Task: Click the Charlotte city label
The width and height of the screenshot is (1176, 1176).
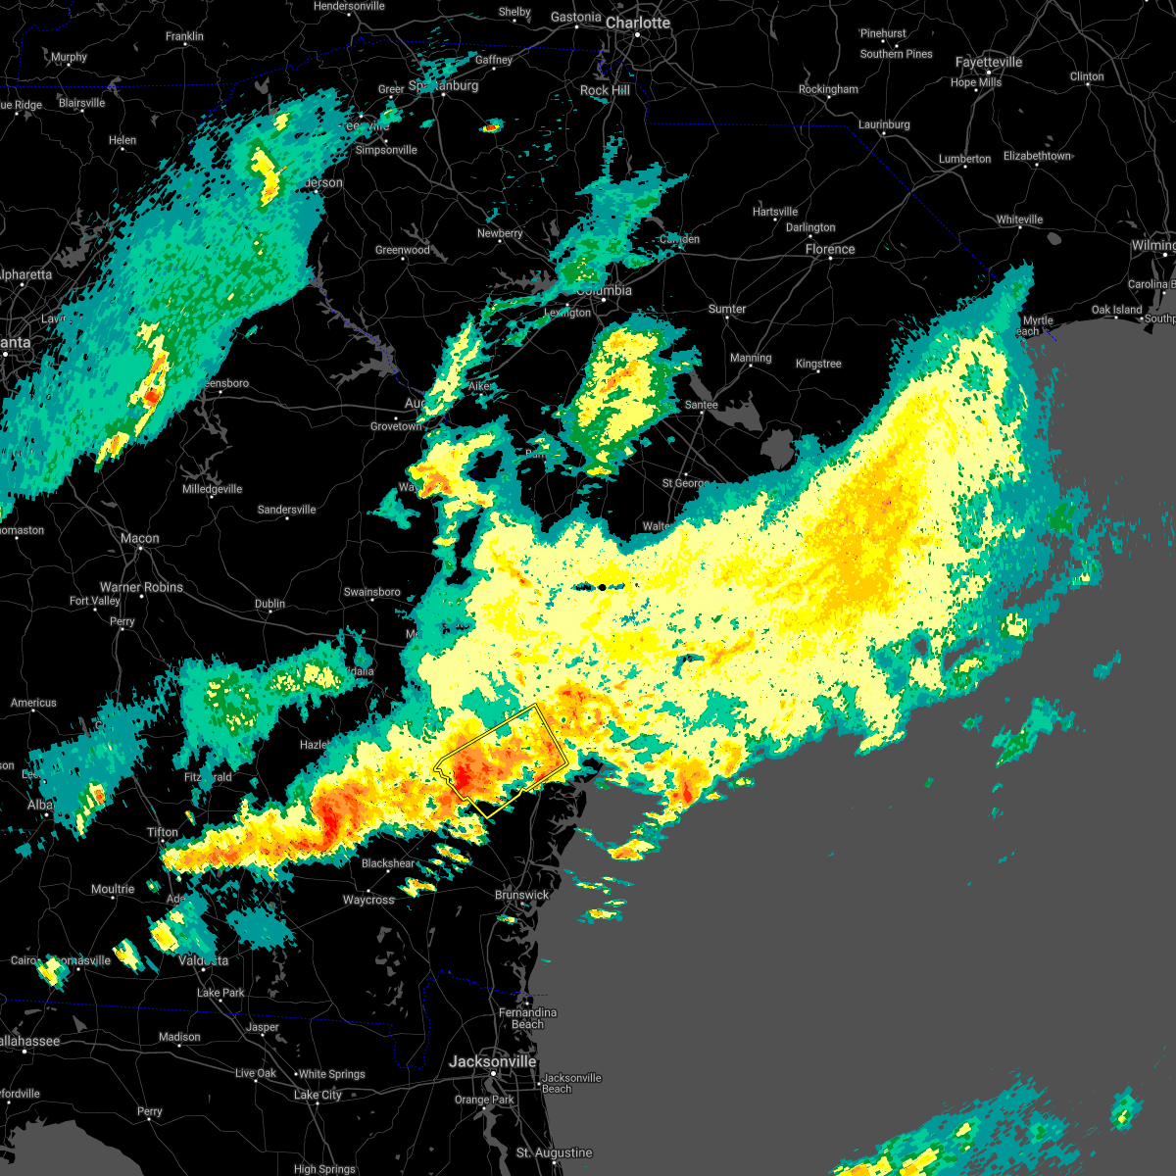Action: [x=637, y=23]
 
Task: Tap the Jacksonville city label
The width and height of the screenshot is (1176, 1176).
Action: [x=492, y=1061]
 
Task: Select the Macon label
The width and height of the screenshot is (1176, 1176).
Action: [x=140, y=538]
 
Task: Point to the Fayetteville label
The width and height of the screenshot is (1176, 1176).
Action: [x=989, y=62]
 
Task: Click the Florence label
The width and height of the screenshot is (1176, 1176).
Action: [x=830, y=249]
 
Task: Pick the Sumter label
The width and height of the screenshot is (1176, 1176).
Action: [x=727, y=309]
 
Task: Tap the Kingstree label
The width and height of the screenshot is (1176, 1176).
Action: [x=818, y=364]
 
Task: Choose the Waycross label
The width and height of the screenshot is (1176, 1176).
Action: [x=368, y=900]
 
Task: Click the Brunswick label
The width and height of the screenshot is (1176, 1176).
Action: [x=521, y=895]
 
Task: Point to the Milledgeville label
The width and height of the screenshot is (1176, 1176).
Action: [x=212, y=489]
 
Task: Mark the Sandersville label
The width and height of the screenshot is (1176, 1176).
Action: [x=286, y=510]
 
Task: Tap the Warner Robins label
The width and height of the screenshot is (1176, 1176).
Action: [x=141, y=587]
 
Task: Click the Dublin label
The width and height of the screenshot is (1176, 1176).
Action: [x=269, y=604]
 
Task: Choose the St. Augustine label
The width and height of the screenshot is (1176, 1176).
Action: [x=555, y=1152]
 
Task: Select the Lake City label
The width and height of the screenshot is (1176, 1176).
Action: [x=318, y=1095]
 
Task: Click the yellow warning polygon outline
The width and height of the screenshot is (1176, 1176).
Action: [x=537, y=706]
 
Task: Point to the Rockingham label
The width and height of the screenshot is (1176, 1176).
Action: [x=828, y=89]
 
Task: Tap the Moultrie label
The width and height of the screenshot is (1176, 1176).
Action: [x=113, y=889]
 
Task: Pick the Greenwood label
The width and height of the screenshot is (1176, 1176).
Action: [x=402, y=250]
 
